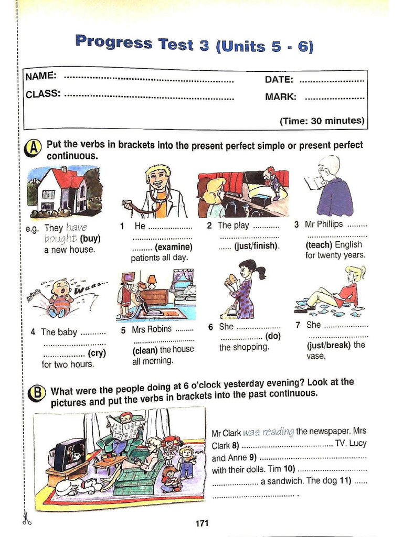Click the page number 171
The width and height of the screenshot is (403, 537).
coord(202,523)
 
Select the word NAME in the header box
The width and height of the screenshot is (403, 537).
coord(41,76)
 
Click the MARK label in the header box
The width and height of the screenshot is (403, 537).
coord(281,97)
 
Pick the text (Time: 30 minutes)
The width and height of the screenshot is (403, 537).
coord(322,121)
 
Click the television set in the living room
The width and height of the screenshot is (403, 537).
coord(69,453)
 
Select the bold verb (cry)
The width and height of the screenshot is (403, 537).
coord(97,353)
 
